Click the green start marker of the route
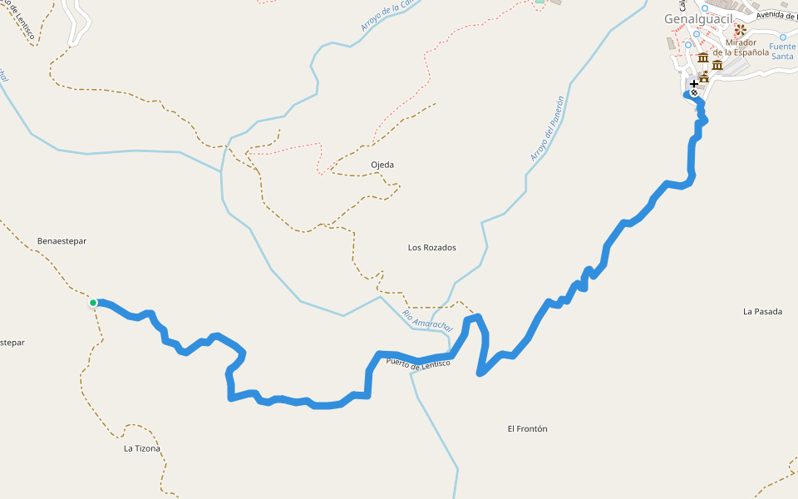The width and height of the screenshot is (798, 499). click(x=94, y=303)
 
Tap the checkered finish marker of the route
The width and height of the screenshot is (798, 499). click(x=694, y=93)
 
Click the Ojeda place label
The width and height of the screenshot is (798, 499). click(x=382, y=165)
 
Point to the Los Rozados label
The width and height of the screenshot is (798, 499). click(x=431, y=248)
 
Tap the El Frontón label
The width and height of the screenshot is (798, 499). click(x=527, y=429)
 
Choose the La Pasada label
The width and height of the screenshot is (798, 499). click(x=762, y=312)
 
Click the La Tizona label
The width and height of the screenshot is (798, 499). click(x=141, y=449)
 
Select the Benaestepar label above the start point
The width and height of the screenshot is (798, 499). click(x=62, y=241)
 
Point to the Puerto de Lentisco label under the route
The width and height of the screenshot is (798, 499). click(x=417, y=363)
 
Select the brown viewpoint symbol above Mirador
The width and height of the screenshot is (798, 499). click(x=740, y=29)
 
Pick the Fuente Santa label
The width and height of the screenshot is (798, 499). click(x=782, y=52)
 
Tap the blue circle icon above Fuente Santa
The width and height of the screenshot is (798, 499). click(x=781, y=35)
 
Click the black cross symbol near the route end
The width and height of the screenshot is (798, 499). click(x=694, y=84)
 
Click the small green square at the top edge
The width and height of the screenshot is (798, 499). click(x=539, y=2)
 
